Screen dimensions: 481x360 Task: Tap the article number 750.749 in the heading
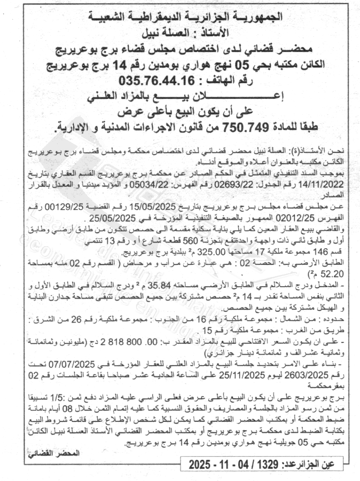(x=238, y=126)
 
